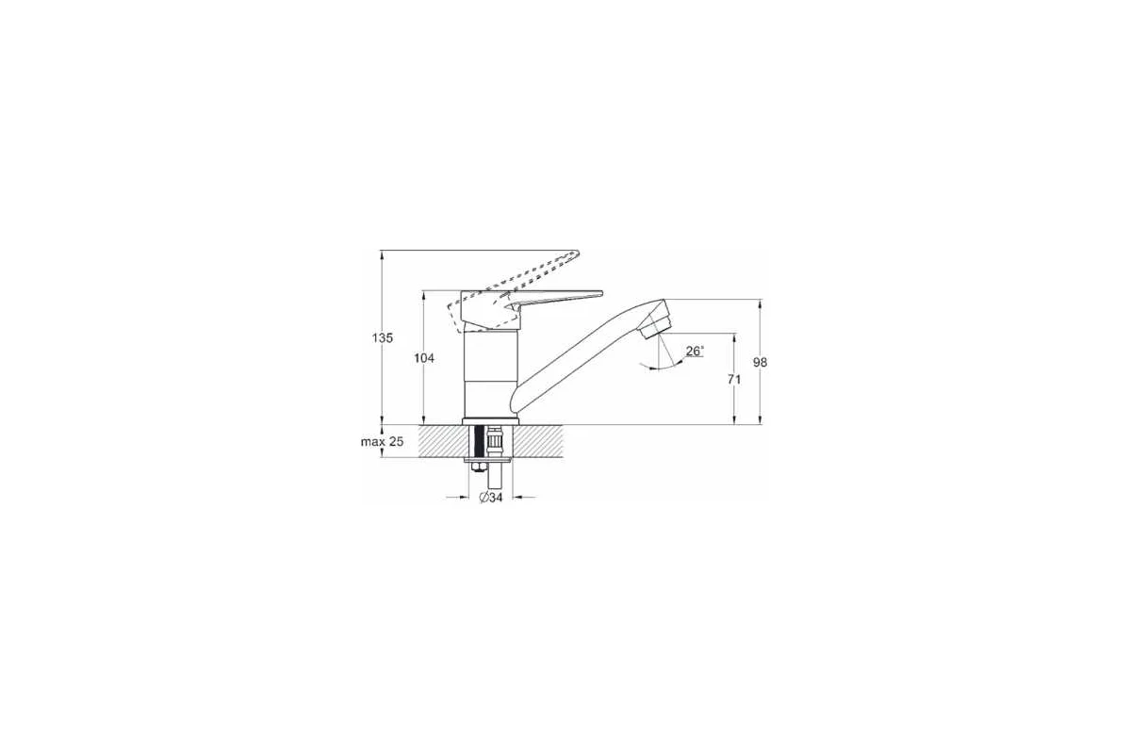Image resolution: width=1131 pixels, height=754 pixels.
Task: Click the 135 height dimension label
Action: click(x=383, y=337)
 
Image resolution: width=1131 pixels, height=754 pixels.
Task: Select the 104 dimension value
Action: click(x=424, y=358)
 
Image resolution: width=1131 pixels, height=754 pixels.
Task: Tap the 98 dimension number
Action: click(x=760, y=362)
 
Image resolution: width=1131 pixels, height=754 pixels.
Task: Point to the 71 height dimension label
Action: click(x=734, y=379)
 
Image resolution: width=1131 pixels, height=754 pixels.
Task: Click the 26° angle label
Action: click(x=695, y=351)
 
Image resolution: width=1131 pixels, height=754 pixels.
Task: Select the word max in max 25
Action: click(x=371, y=442)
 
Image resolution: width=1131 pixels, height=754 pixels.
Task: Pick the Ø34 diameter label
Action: click(x=491, y=498)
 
